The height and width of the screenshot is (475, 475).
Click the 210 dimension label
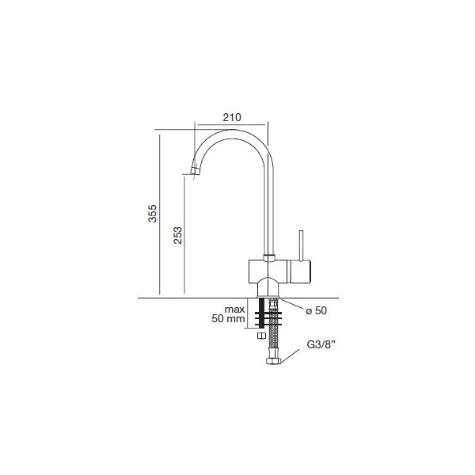tap(232, 117)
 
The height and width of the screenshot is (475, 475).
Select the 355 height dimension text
tap(152, 213)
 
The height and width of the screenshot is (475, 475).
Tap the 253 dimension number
tap(178, 235)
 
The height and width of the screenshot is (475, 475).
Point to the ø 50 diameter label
tap(316, 310)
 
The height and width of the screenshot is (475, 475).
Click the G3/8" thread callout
tap(321, 344)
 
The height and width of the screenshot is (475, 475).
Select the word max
tap(234, 310)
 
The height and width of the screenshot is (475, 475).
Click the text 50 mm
tap(228, 319)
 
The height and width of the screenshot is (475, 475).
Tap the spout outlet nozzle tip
tap(196, 172)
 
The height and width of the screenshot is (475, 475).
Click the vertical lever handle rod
tap(301, 245)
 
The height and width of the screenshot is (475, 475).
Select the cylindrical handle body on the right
tap(301, 272)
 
